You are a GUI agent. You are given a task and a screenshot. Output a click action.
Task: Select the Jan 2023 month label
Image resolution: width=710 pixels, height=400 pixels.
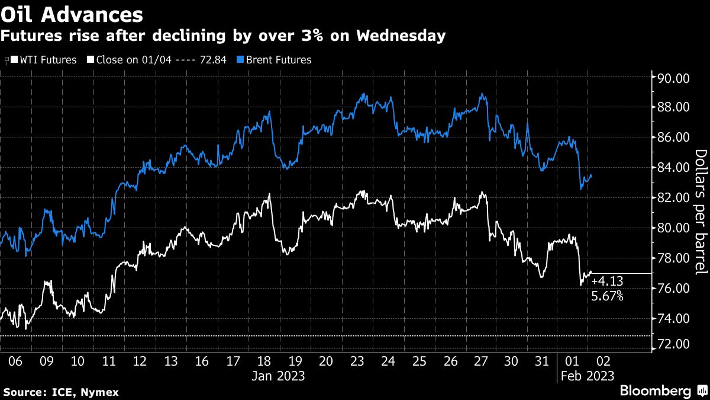279,376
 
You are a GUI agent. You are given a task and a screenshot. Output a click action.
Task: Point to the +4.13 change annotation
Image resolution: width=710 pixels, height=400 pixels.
606,282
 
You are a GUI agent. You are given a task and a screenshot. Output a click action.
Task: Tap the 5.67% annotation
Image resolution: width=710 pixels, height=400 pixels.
607,295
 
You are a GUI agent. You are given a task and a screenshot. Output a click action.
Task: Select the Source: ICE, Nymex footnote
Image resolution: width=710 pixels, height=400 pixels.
61,392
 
